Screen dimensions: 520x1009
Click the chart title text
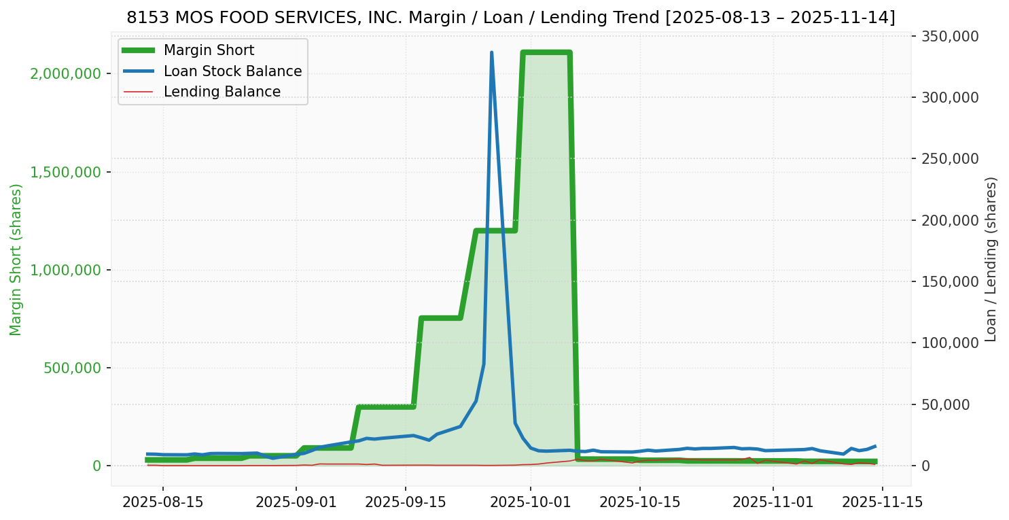click(510, 18)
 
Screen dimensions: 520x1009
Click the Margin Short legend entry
click(209, 50)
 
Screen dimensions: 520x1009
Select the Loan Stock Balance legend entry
click(232, 71)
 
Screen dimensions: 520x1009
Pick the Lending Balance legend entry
click(222, 92)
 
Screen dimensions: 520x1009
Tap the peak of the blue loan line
click(491, 53)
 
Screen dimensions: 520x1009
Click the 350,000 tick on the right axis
click(950, 36)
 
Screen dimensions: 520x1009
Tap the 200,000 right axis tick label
click(950, 220)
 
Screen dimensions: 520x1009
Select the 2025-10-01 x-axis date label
click(531, 502)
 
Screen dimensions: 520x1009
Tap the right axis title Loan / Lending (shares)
click(991, 259)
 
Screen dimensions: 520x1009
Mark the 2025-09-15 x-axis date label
click(406, 502)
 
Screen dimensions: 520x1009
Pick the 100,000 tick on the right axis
click(950, 343)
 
